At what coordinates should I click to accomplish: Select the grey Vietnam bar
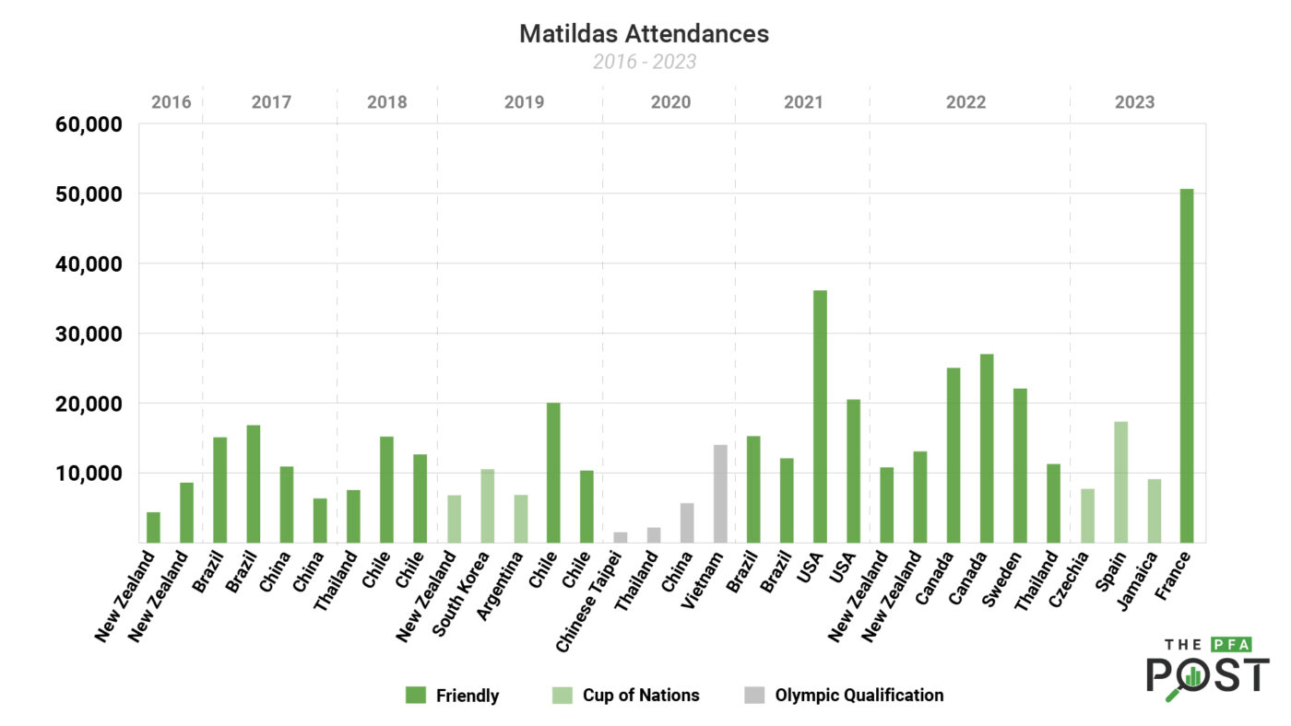tap(720, 494)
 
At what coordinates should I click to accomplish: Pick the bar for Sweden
tap(1020, 465)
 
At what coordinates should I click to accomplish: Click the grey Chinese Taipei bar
tap(621, 537)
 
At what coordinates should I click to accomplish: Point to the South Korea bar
tap(487, 506)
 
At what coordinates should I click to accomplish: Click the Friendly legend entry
tap(452, 696)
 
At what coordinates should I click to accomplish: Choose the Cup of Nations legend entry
tap(627, 696)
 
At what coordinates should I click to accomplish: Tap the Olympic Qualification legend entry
tap(843, 696)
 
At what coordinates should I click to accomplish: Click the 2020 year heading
tap(670, 102)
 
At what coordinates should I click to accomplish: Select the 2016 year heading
tap(172, 102)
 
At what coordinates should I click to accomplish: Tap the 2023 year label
tap(1134, 102)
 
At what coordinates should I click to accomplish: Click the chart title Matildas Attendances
tap(644, 34)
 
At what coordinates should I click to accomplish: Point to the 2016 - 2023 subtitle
tap(644, 62)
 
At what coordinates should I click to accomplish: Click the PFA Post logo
tap(1207, 667)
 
